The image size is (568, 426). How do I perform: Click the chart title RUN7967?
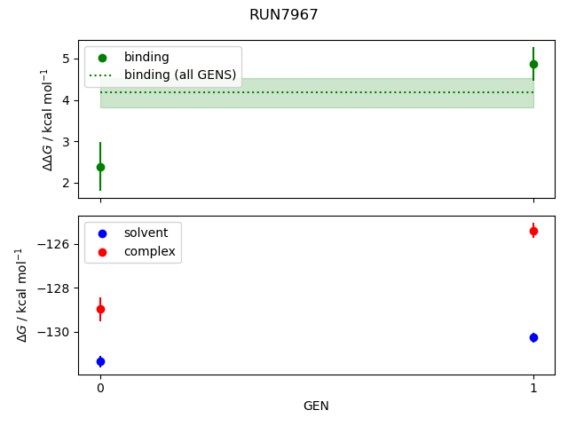pyautogui.click(x=284, y=15)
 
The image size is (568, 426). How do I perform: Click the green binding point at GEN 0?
pyautogui.click(x=100, y=167)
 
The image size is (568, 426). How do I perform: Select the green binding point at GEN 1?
pyautogui.click(x=533, y=64)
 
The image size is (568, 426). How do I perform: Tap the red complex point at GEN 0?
pyautogui.click(x=100, y=309)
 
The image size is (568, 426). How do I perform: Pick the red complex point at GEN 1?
pyautogui.click(x=533, y=231)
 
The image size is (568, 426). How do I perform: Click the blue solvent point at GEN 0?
pyautogui.click(x=100, y=361)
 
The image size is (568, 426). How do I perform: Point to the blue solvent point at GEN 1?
pyautogui.click(x=533, y=337)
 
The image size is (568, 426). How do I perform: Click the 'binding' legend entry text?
pyautogui.click(x=146, y=57)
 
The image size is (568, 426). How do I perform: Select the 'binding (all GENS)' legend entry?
pyautogui.click(x=180, y=75)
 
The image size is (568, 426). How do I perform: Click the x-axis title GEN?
pyautogui.click(x=316, y=406)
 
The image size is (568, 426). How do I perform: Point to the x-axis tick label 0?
pyautogui.click(x=100, y=388)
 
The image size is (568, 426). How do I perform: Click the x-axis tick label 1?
pyautogui.click(x=533, y=388)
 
